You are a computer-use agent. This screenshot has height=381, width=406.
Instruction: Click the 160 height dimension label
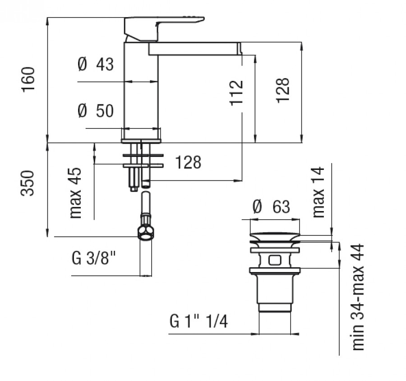(x=28, y=80)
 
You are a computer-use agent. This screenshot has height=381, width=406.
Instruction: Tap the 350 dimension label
(x=28, y=183)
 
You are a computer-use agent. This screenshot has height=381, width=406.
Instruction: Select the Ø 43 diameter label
(x=96, y=64)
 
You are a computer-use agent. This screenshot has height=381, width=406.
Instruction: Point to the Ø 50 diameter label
(x=96, y=111)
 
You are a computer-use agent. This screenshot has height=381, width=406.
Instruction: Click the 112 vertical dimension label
(x=236, y=93)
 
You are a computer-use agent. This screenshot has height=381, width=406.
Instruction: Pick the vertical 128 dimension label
(x=282, y=90)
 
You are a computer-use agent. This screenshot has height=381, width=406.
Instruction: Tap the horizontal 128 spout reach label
(x=188, y=162)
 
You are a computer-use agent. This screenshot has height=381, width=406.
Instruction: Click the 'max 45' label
(x=75, y=193)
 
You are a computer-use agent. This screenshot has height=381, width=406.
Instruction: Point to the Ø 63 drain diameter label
(x=272, y=207)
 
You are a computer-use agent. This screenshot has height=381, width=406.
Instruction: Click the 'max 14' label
(x=318, y=192)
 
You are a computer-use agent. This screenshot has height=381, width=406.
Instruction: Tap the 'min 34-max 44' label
(x=358, y=297)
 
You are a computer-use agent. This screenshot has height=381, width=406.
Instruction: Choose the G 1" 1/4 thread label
(x=199, y=321)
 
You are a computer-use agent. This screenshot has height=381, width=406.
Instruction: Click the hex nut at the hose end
(x=146, y=233)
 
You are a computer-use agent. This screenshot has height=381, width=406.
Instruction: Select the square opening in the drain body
(x=275, y=260)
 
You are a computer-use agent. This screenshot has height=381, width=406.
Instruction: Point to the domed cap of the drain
(x=275, y=236)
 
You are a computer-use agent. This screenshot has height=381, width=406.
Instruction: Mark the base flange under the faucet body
(x=141, y=141)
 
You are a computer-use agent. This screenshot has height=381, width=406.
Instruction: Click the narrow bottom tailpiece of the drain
(x=275, y=307)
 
